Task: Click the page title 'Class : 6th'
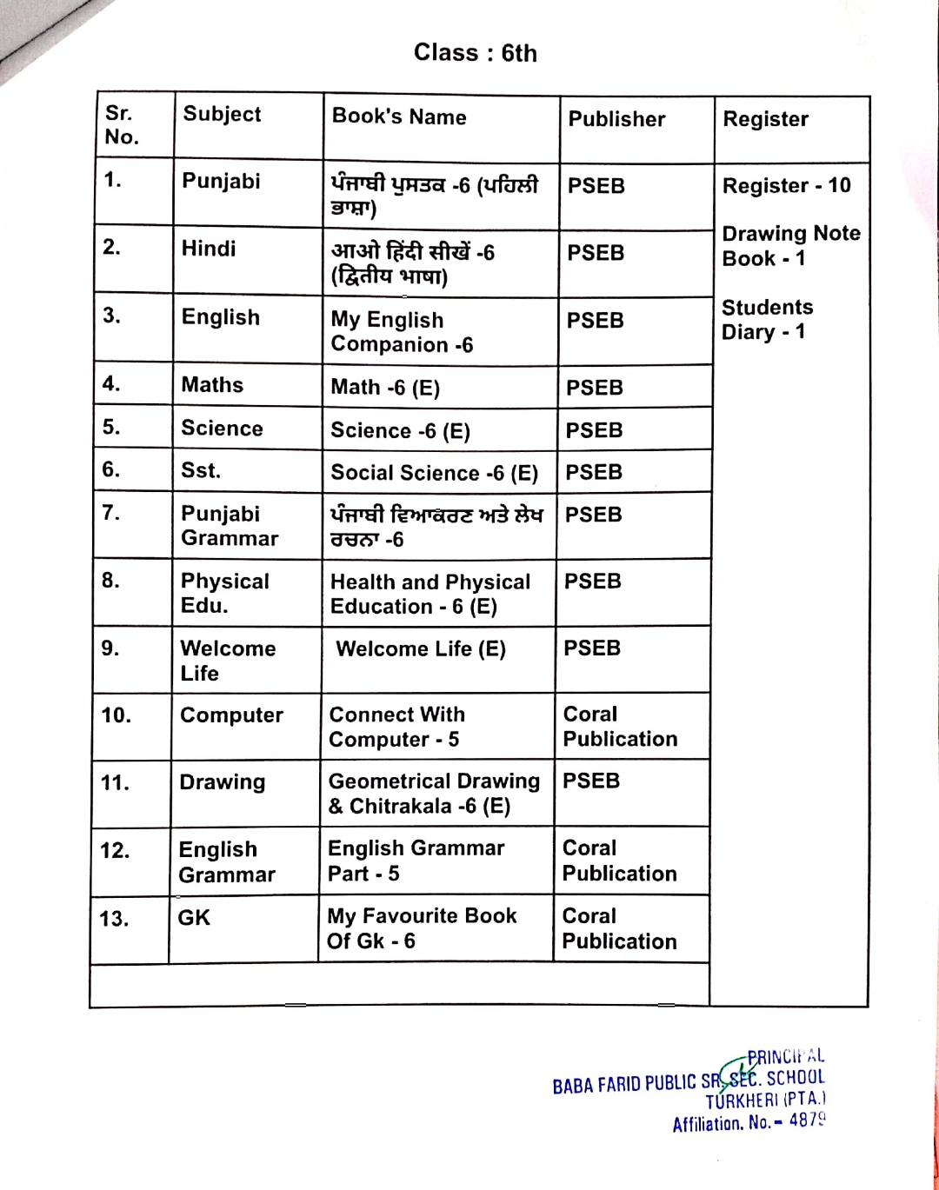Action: pos(475,53)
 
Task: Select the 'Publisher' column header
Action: pos(616,119)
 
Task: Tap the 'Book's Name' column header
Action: pos(399,116)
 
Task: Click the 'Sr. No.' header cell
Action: pos(122,125)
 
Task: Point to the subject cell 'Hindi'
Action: pos(209,249)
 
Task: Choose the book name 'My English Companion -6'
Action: pos(402,332)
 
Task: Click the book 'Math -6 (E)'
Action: pos(385,388)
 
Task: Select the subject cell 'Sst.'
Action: pos(201,470)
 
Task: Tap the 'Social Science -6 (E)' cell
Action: pos(434,473)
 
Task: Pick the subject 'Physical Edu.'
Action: pos(224,593)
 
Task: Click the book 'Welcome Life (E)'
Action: pos(421,649)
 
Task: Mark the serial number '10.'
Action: pos(117,715)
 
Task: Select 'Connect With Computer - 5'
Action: pos(396,727)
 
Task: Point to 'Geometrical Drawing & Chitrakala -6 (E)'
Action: pos(434,794)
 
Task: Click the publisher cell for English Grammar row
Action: pos(619,861)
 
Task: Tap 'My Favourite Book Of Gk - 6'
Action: pos(422,928)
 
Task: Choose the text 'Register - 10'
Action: pos(786,185)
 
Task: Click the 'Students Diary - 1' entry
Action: pos(767,320)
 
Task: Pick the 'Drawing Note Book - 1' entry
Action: pos(790,246)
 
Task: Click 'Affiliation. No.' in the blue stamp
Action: pos(722,1123)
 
